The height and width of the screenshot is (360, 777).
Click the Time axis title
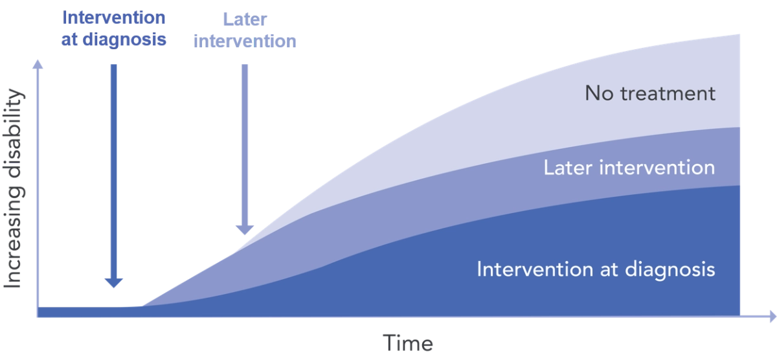pyautogui.click(x=408, y=343)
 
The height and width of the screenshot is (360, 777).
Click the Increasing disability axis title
pyautogui.click(x=13, y=188)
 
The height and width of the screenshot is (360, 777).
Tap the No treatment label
pyautogui.click(x=650, y=93)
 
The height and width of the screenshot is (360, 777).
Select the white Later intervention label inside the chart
pyautogui.click(x=629, y=168)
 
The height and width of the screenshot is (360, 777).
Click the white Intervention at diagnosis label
pyautogui.click(x=596, y=270)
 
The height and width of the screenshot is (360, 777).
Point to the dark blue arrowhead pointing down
pyautogui.click(x=114, y=283)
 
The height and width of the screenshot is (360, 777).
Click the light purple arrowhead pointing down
pyautogui.click(x=245, y=230)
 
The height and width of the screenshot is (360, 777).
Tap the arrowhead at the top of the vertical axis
pyautogui.click(x=38, y=64)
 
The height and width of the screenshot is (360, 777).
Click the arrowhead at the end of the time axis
pyautogui.click(x=773, y=317)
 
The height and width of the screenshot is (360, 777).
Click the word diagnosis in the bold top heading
pyautogui.click(x=124, y=40)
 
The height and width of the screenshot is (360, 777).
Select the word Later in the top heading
pyautogui.click(x=245, y=19)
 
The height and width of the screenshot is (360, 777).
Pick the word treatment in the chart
pyautogui.click(x=668, y=93)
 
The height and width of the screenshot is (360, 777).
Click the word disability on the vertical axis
pyautogui.click(x=13, y=133)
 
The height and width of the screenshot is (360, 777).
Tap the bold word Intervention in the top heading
pyautogui.click(x=114, y=17)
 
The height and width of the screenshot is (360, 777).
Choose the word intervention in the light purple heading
pyautogui.click(x=245, y=41)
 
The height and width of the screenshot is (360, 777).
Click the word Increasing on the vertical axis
pyautogui.click(x=13, y=238)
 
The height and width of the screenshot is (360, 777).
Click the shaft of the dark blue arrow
pyautogui.click(x=114, y=172)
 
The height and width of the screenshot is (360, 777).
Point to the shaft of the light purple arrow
pyautogui.click(x=245, y=145)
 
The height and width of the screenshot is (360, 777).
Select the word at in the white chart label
pyautogui.click(x=609, y=270)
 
